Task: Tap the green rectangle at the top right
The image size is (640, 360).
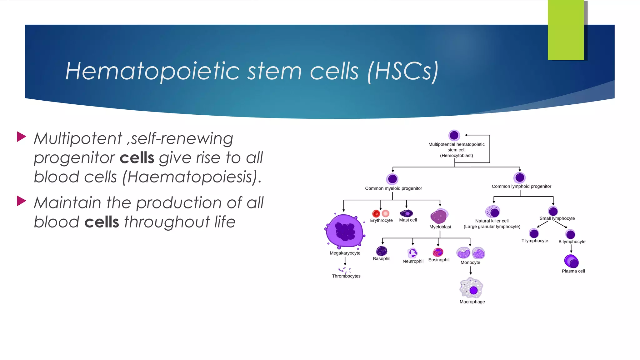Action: pyautogui.click(x=566, y=30)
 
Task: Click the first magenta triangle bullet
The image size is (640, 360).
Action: pyautogui.click(x=21, y=137)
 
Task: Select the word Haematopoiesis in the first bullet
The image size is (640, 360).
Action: pyautogui.click(x=191, y=177)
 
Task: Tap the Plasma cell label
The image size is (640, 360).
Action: pyautogui.click(x=573, y=271)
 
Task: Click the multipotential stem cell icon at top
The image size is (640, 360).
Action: pyautogui.click(x=454, y=135)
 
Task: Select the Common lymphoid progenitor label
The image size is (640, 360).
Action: pyautogui.click(x=521, y=186)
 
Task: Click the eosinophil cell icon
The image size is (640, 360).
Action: pyautogui.click(x=438, y=252)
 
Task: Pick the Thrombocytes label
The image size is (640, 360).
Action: pyautogui.click(x=346, y=276)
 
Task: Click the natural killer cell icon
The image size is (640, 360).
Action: pyautogui.click(x=493, y=212)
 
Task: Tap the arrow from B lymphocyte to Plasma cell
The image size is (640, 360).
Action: pyautogui.click(x=571, y=249)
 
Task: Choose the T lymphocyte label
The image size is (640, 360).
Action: pyautogui.click(x=534, y=241)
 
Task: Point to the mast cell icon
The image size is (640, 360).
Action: pyautogui.click(x=407, y=213)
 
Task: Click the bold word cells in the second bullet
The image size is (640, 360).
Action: pyautogui.click(x=102, y=222)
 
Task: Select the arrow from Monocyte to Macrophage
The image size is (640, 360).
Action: pyautogui.click(x=471, y=271)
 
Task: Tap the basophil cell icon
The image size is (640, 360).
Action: pyautogui.click(x=382, y=251)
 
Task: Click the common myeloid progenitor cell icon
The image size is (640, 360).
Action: pyautogui.click(x=392, y=179)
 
